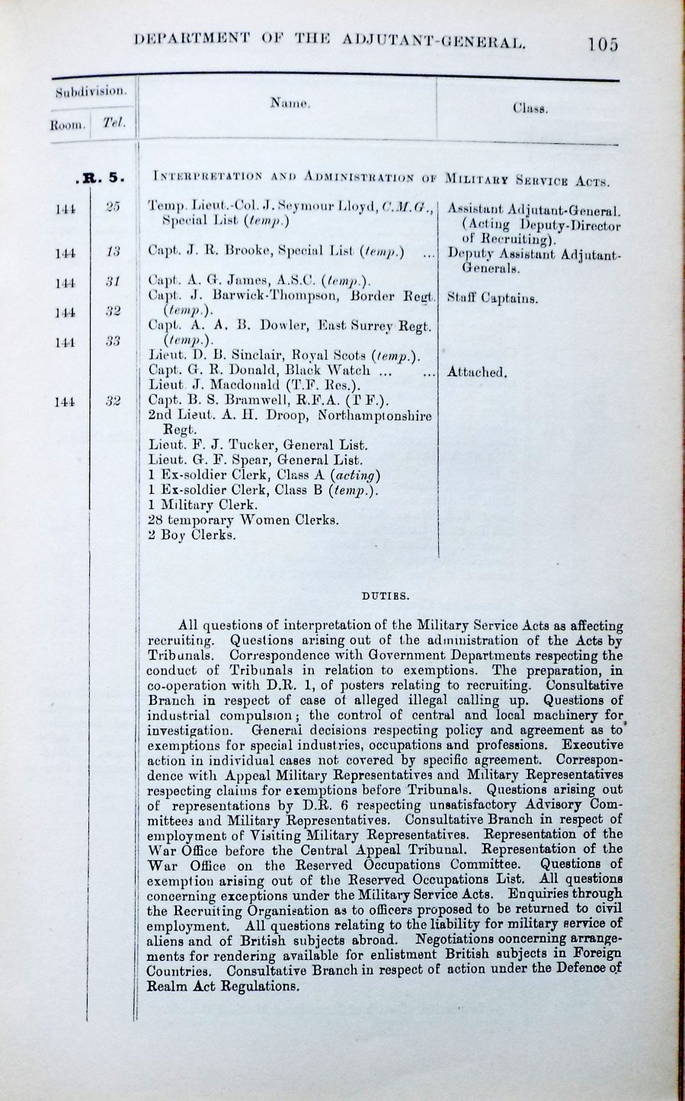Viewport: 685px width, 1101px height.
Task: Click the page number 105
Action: [x=603, y=43]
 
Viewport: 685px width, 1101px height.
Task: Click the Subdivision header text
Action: [x=91, y=91]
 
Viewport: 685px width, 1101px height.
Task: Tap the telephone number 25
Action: [x=113, y=207]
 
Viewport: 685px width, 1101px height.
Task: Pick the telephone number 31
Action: [x=113, y=283]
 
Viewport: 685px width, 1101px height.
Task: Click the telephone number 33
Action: [x=113, y=341]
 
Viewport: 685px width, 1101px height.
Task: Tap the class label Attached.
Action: [x=477, y=372]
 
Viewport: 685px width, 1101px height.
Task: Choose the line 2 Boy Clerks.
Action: [x=192, y=535]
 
